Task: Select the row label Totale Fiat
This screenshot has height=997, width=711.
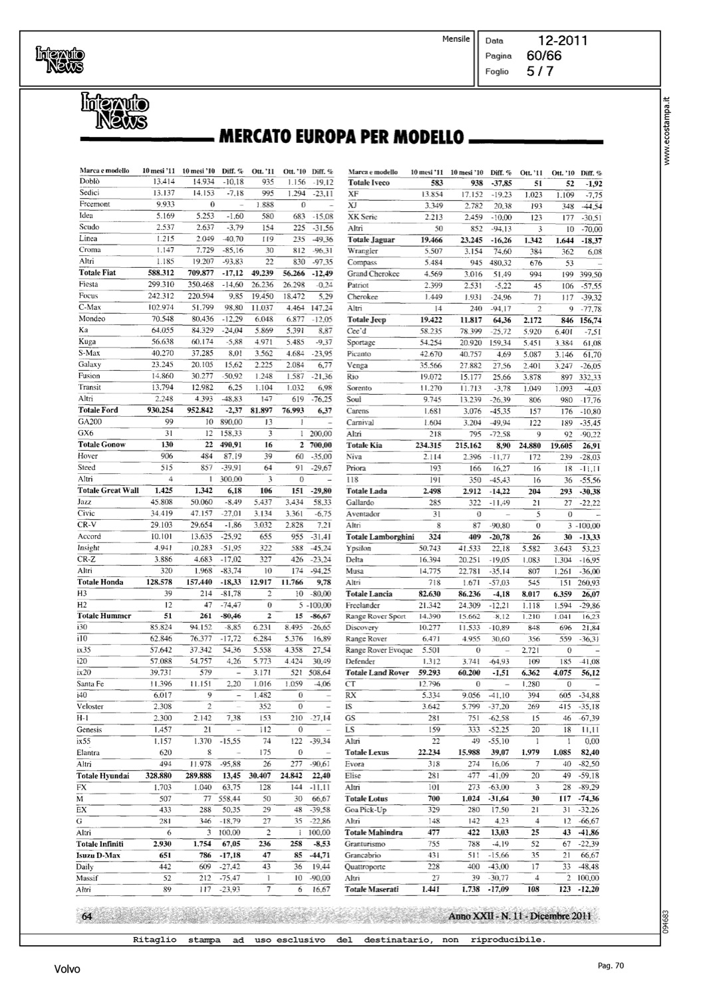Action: pyautogui.click(x=97, y=273)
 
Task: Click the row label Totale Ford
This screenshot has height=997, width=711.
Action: pyautogui.click(x=98, y=410)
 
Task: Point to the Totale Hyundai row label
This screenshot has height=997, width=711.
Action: pyautogui.click(x=103, y=776)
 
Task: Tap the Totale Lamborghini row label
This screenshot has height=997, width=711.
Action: pyautogui.click(x=380, y=536)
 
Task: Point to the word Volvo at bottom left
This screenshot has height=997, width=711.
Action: pyautogui.click(x=67, y=970)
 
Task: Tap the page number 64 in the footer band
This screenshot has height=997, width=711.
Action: pyautogui.click(x=86, y=917)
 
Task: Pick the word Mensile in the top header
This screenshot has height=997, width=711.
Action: pyautogui.click(x=456, y=39)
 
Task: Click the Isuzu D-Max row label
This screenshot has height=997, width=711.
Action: pyautogui.click(x=98, y=855)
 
